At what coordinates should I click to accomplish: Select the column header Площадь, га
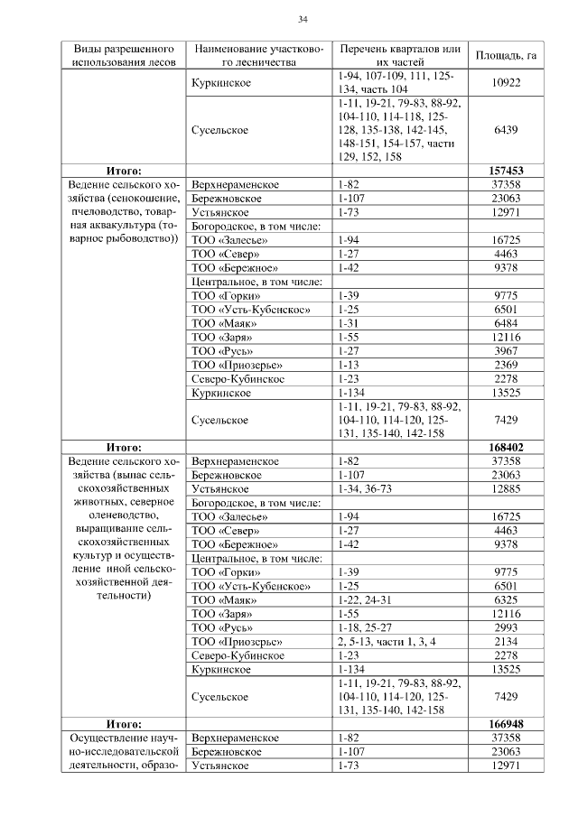[506, 55]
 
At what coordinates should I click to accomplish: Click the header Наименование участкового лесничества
[257, 55]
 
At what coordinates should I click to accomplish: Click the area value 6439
[506, 131]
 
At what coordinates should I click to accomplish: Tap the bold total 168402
[506, 447]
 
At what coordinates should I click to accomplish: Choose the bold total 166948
[506, 724]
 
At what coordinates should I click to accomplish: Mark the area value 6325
[506, 599]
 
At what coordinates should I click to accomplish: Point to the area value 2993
[506, 627]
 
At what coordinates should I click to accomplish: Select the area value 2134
[506, 641]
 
